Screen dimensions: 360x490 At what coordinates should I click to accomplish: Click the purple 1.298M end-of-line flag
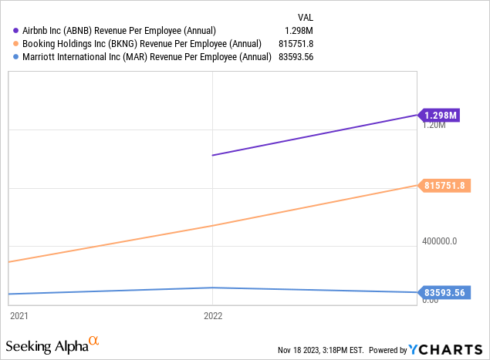tap(441, 116)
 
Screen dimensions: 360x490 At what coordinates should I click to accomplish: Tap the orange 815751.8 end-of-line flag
tap(444, 185)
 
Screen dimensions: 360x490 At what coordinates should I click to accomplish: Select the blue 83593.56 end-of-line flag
tap(445, 292)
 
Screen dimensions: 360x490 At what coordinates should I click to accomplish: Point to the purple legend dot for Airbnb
tap(16, 30)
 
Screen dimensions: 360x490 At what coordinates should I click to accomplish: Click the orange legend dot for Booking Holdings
tap(16, 43)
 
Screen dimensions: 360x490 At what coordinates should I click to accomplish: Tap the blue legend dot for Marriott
tap(16, 56)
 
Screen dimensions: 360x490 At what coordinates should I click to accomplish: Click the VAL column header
tap(306, 16)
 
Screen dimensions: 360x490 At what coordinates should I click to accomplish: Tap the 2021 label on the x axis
tap(19, 316)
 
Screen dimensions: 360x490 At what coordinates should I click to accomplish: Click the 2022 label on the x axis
tap(213, 316)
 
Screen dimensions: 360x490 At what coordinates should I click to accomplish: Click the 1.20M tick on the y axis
tap(434, 125)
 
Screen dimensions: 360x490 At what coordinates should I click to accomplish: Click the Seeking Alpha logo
tap(52, 344)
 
